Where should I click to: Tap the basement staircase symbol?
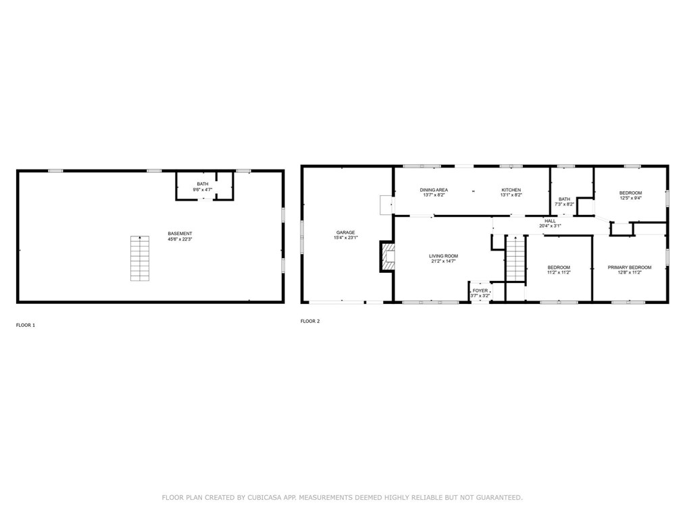pos(140,258)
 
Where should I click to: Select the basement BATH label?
pos(203,184)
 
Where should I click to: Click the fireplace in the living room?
pos(387,257)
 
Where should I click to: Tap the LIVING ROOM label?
pos(443,256)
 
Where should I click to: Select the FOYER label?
pos(480,290)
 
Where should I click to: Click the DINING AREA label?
pos(434,190)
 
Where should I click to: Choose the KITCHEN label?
pos(511,190)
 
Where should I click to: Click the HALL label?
pos(550,220)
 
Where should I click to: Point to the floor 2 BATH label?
pos(564,199)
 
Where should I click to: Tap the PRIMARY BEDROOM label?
pos(629,267)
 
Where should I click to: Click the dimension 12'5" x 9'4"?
pos(630,199)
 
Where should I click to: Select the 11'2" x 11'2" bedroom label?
pos(559,272)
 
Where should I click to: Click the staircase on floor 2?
pos(515,258)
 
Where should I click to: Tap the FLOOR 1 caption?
pos(26,325)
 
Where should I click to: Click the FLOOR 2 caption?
pos(310,321)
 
